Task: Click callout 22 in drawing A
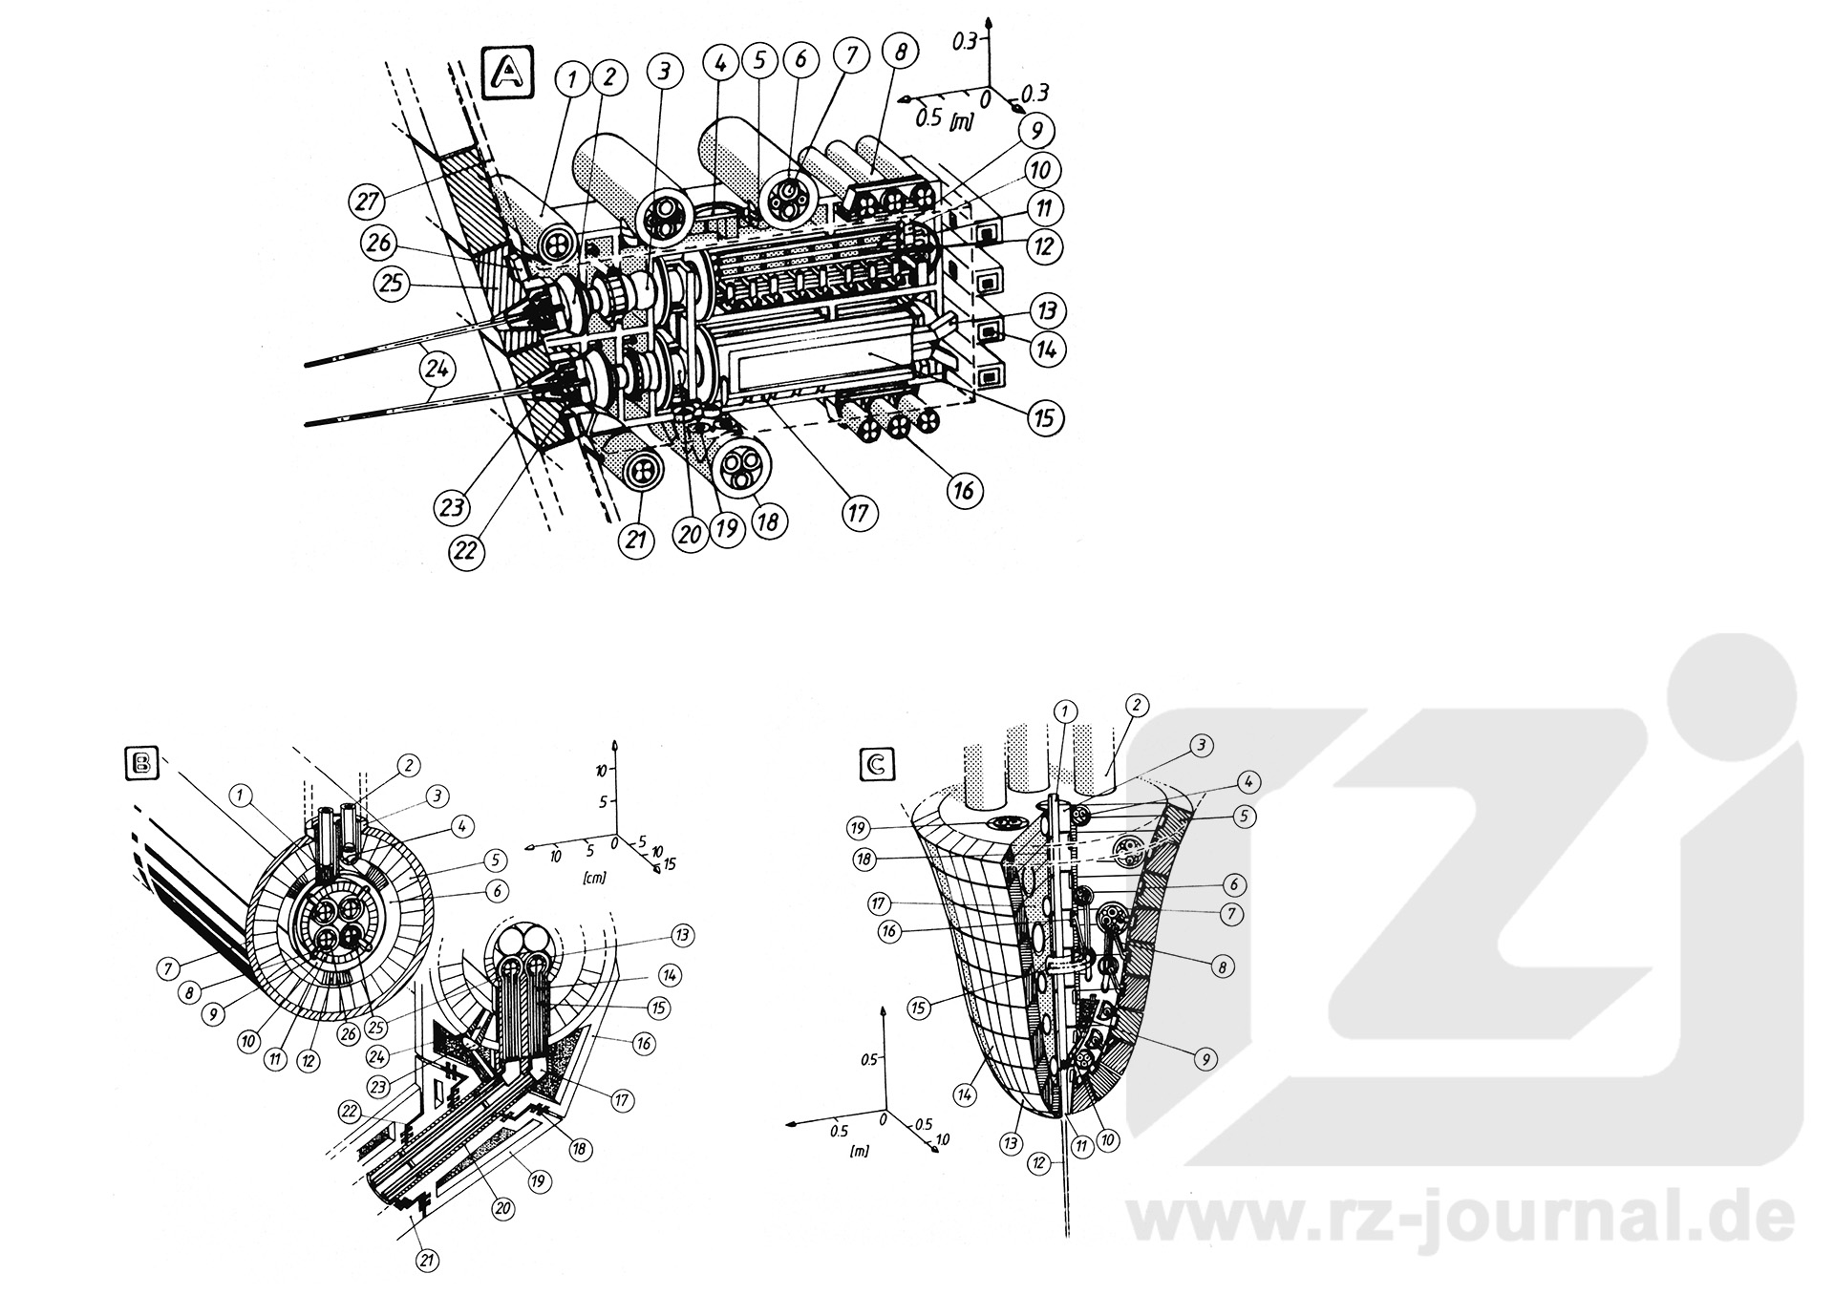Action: click(469, 551)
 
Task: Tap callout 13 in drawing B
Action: click(682, 935)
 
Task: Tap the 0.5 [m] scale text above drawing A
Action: click(941, 118)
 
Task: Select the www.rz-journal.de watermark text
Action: click(1461, 1214)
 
